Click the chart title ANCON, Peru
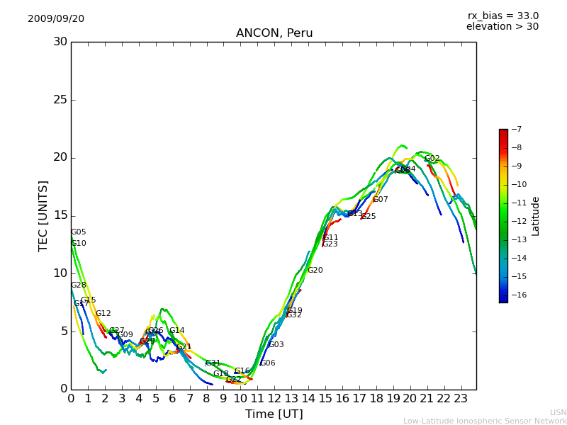pyautogui.click(x=274, y=33)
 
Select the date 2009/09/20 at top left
pyautogui.click(x=56, y=19)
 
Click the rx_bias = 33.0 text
pyautogui.click(x=503, y=16)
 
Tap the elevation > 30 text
pyautogui.click(x=502, y=27)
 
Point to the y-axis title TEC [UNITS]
pyautogui.click(x=44, y=215)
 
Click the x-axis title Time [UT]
pyautogui.click(x=274, y=414)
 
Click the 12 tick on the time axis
pyautogui.click(x=274, y=399)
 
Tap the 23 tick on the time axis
pyautogui.click(x=461, y=399)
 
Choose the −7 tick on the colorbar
pyautogui.click(x=515, y=130)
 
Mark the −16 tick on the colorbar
pyautogui.click(x=517, y=295)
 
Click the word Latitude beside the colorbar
pyautogui.click(x=536, y=216)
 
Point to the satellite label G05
pyautogui.click(x=79, y=232)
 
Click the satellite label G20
pyautogui.click(x=315, y=271)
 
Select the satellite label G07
pyautogui.click(x=381, y=200)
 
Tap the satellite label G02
pyautogui.click(x=432, y=159)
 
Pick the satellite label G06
pyautogui.click(x=268, y=363)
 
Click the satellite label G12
pyautogui.click(x=103, y=314)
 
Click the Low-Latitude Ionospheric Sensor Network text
pyautogui.click(x=485, y=421)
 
